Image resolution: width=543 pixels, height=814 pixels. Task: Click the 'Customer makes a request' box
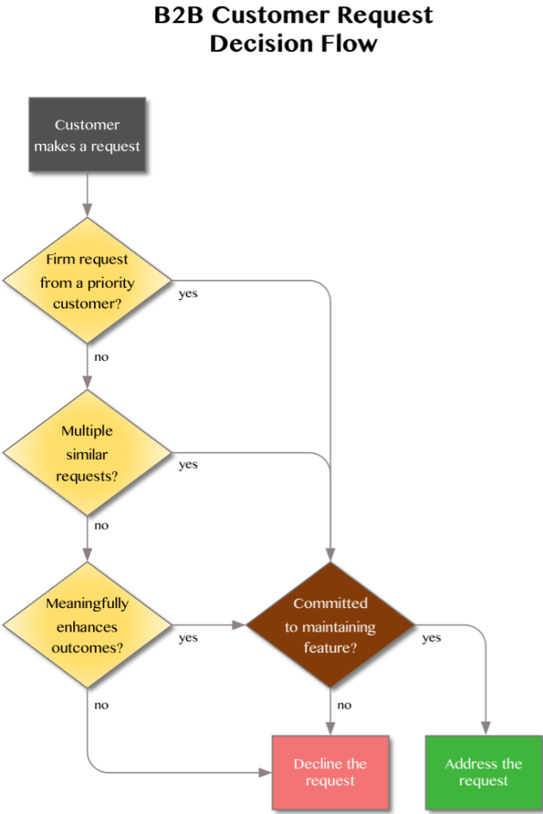point(87,135)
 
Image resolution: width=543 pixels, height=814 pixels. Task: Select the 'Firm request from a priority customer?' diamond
point(87,281)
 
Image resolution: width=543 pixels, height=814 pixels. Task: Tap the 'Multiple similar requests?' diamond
point(87,453)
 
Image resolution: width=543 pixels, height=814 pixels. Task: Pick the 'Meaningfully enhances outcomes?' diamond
point(87,625)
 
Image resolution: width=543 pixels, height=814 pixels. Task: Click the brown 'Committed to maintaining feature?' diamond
point(330,625)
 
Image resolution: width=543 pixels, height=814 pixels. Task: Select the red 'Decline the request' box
point(330,772)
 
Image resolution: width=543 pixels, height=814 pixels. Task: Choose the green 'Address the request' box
point(484,772)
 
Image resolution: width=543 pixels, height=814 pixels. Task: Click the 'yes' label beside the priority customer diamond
point(188,294)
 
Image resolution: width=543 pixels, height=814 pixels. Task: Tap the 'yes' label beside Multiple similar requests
point(188,465)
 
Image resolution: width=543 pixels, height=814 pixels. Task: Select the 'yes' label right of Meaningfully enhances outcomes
point(188,638)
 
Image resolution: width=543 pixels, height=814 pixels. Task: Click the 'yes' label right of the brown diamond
point(431,638)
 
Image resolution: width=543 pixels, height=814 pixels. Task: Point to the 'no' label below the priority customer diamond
point(102,357)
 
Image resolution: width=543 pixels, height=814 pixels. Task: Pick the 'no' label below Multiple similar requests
point(102,525)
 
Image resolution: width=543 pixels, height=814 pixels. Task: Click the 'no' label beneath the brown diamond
point(345,705)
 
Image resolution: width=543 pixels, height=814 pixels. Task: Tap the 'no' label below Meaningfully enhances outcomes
point(102,705)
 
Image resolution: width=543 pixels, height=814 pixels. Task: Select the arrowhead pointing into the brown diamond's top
point(330,556)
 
